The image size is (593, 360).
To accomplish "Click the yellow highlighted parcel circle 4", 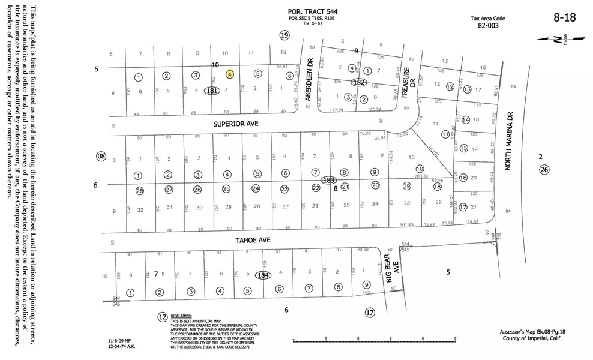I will click(x=230, y=74).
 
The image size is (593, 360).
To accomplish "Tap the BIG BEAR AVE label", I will click(x=391, y=271).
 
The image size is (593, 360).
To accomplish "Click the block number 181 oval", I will click(x=211, y=91).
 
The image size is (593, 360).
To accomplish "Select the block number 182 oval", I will click(x=359, y=82).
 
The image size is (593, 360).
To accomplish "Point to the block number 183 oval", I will click(x=328, y=180).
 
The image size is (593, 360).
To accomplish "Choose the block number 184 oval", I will click(x=262, y=275).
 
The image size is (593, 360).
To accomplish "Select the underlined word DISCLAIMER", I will click(x=181, y=315).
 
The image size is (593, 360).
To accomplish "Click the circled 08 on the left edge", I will click(x=101, y=157).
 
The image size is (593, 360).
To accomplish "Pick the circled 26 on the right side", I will click(x=544, y=170).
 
